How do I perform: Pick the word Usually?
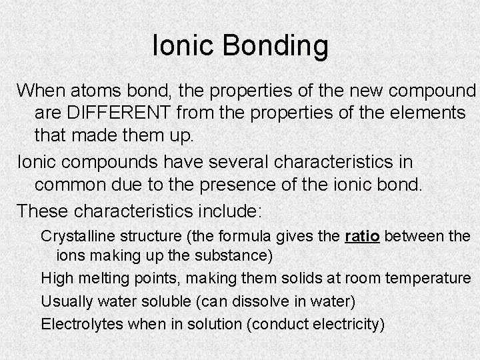(x=66, y=301)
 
